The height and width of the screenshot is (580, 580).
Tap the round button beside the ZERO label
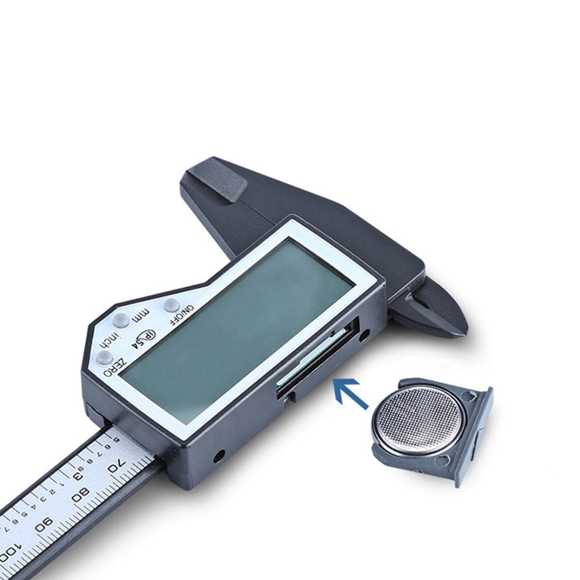click(104, 357)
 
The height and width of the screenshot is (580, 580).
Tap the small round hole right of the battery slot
click(364, 335)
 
